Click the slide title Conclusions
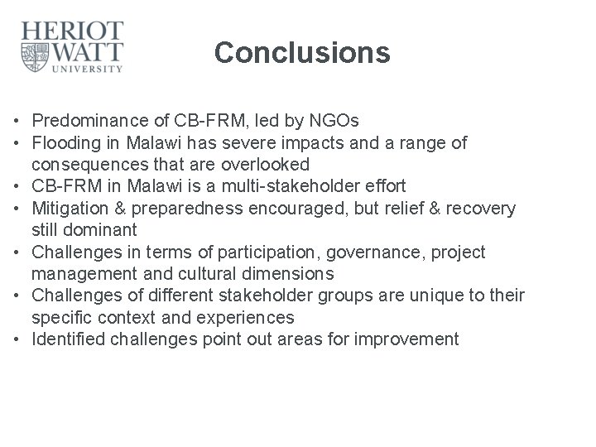coord(301,52)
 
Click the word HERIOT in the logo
coord(73,31)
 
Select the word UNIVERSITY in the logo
coord(89,70)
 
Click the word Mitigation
coord(70,208)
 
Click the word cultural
coord(199,273)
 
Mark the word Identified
coord(69,339)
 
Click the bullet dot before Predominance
coord(18,122)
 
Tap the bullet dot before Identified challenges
coord(18,339)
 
